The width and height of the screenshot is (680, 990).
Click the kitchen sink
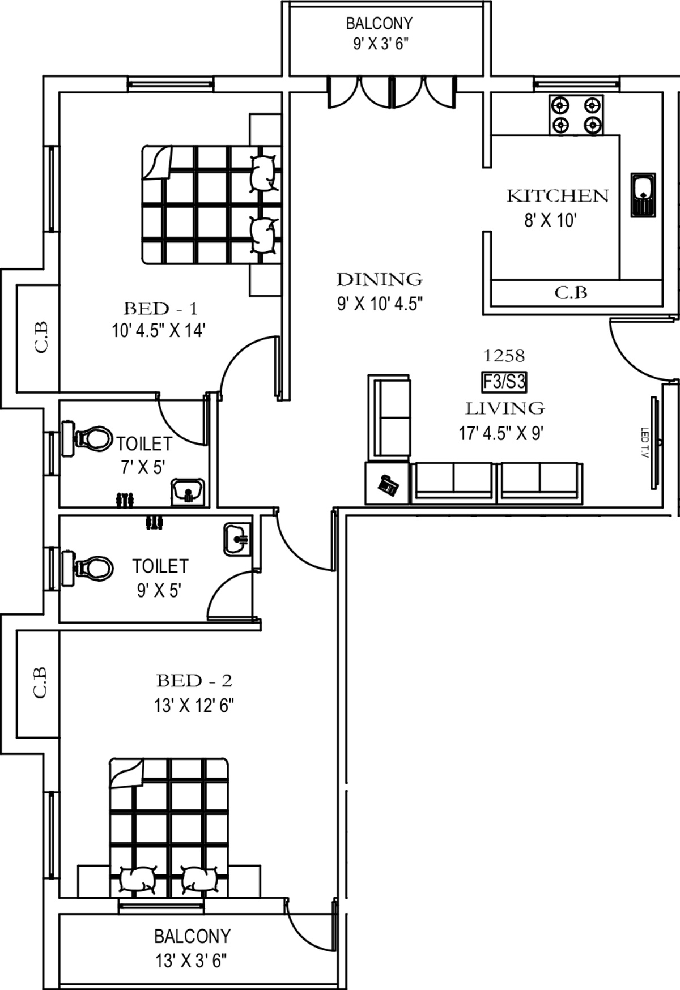tap(643, 194)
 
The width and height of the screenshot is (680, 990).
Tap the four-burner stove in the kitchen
tap(576, 115)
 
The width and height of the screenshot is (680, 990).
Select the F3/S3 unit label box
tap(504, 382)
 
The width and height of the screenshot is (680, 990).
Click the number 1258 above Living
tap(503, 356)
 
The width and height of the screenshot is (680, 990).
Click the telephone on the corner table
tap(389, 485)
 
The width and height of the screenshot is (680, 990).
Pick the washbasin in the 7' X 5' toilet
tap(188, 491)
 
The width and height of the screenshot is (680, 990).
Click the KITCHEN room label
tap(557, 196)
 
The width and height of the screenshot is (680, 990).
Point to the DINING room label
tap(379, 279)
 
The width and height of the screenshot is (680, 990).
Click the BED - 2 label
tap(194, 680)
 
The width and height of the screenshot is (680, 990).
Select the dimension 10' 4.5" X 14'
tap(158, 330)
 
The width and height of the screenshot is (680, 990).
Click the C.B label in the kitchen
tap(570, 293)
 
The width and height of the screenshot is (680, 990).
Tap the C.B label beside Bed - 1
tap(41, 338)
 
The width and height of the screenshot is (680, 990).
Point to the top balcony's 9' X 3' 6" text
tap(380, 44)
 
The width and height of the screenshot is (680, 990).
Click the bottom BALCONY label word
tap(192, 936)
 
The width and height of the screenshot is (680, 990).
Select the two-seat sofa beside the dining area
tap(390, 417)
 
